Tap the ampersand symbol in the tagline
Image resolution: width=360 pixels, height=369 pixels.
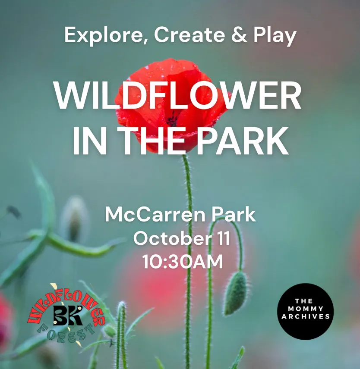pos(239,34)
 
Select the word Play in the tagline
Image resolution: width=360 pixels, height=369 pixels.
pos(275,35)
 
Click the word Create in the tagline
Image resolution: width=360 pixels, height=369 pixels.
pos(189,35)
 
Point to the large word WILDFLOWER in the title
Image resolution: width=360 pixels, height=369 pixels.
pos(178,95)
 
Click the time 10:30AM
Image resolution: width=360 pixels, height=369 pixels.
pos(183,262)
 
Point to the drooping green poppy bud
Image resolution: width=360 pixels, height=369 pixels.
pos(236,293)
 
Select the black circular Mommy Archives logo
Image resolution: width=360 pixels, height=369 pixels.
pos(305,311)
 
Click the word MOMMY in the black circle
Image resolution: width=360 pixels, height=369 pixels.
pos(306,309)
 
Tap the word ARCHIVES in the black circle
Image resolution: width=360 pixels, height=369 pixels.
pos(306,317)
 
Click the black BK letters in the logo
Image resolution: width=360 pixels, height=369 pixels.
pos(68,315)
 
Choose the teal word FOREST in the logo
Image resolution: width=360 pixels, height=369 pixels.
pos(66,334)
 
